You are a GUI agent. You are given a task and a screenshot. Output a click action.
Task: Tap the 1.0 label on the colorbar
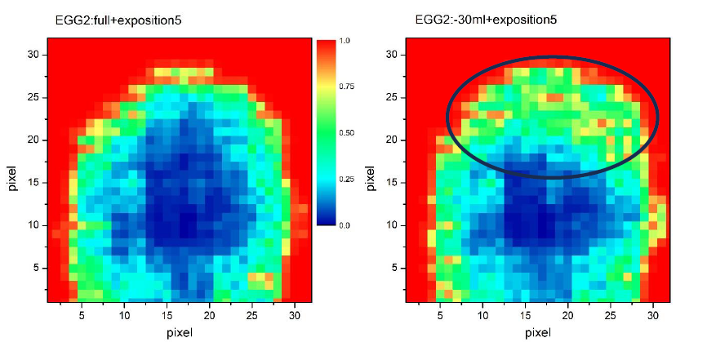click(x=345, y=39)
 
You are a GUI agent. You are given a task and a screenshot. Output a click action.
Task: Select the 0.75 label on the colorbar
click(x=347, y=86)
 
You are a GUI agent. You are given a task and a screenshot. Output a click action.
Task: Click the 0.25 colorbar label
click(x=347, y=178)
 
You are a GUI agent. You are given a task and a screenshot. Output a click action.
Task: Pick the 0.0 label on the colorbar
click(x=345, y=224)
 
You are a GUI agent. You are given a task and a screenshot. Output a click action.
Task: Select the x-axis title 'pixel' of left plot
click(x=178, y=332)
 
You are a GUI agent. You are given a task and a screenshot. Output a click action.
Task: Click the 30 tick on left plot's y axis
click(x=35, y=54)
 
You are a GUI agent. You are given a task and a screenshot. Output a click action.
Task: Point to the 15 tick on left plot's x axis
click(x=167, y=314)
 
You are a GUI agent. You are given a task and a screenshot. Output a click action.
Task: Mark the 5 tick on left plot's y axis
click(x=38, y=267)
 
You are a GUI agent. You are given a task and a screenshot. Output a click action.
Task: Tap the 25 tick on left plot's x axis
click(x=252, y=314)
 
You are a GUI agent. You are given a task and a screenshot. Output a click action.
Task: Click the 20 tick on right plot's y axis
click(x=392, y=140)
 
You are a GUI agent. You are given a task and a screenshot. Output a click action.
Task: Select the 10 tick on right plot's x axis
click(x=482, y=314)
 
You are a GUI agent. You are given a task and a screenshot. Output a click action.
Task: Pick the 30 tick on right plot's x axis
click(x=652, y=314)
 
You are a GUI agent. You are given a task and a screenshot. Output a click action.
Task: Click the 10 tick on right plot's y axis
click(x=392, y=224)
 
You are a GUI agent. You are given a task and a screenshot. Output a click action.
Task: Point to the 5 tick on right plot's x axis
click(x=440, y=314)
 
